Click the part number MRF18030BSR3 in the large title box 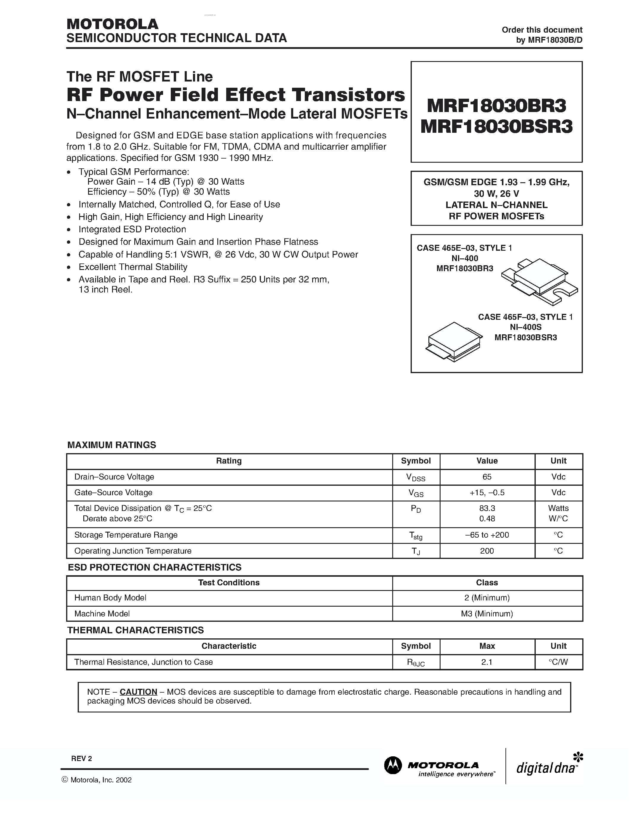496,127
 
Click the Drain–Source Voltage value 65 487,477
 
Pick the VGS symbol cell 416,493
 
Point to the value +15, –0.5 487,493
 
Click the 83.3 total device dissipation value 487,508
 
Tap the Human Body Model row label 110,597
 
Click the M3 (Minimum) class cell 487,613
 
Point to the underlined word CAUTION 138,691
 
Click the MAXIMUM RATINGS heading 111,445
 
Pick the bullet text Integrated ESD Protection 132,229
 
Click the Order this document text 542,30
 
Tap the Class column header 487,583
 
